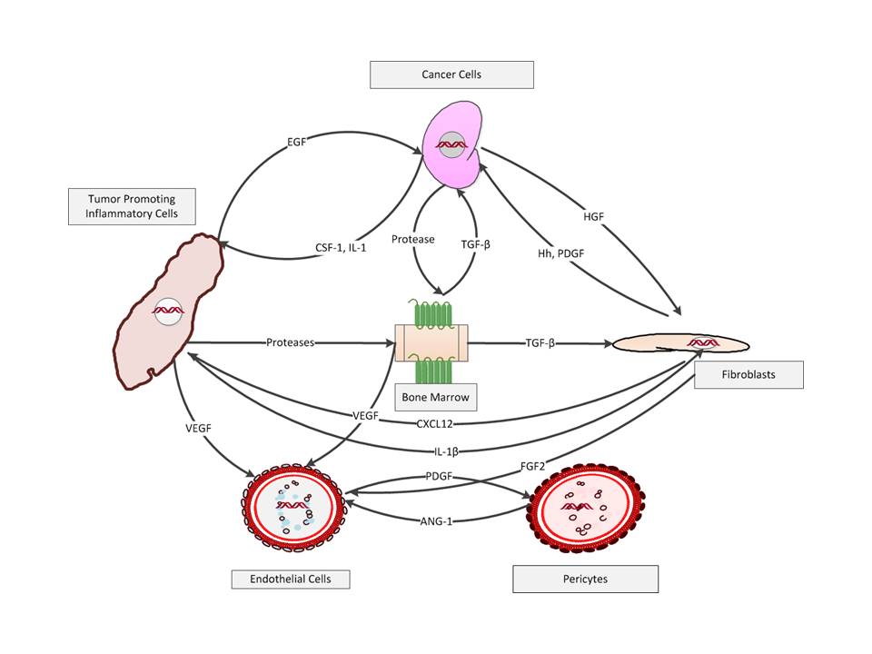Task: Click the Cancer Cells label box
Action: point(451,74)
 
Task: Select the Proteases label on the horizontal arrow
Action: point(291,342)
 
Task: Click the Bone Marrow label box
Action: point(438,397)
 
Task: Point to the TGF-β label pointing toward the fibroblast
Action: point(540,343)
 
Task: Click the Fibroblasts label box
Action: point(748,374)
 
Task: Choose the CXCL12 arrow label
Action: point(437,422)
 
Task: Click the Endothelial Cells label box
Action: point(290,579)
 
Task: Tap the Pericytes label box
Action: point(585,579)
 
